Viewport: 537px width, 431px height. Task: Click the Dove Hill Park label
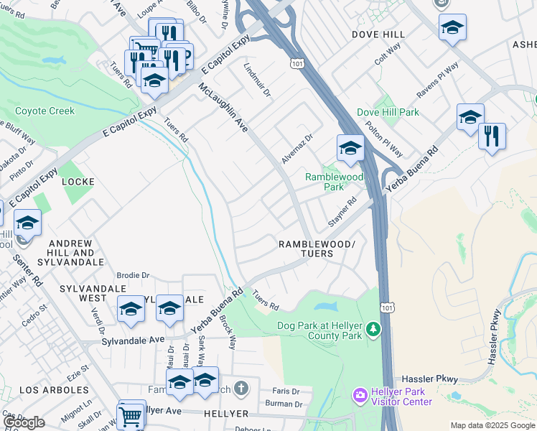tap(388, 113)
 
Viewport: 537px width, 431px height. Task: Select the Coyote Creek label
tap(45, 111)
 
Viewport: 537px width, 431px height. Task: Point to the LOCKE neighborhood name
tap(78, 182)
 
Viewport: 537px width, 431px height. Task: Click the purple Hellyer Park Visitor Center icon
tap(360, 396)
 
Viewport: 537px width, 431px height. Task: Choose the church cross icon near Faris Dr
tap(242, 389)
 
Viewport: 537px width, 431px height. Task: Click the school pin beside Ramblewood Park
tap(350, 148)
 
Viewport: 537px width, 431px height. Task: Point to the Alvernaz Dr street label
tap(297, 148)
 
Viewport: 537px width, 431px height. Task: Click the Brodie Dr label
tap(133, 275)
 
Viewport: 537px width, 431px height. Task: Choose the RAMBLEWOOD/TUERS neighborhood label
tap(316, 249)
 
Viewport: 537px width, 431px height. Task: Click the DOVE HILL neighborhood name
tap(378, 34)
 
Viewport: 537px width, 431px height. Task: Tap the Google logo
tap(24, 422)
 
